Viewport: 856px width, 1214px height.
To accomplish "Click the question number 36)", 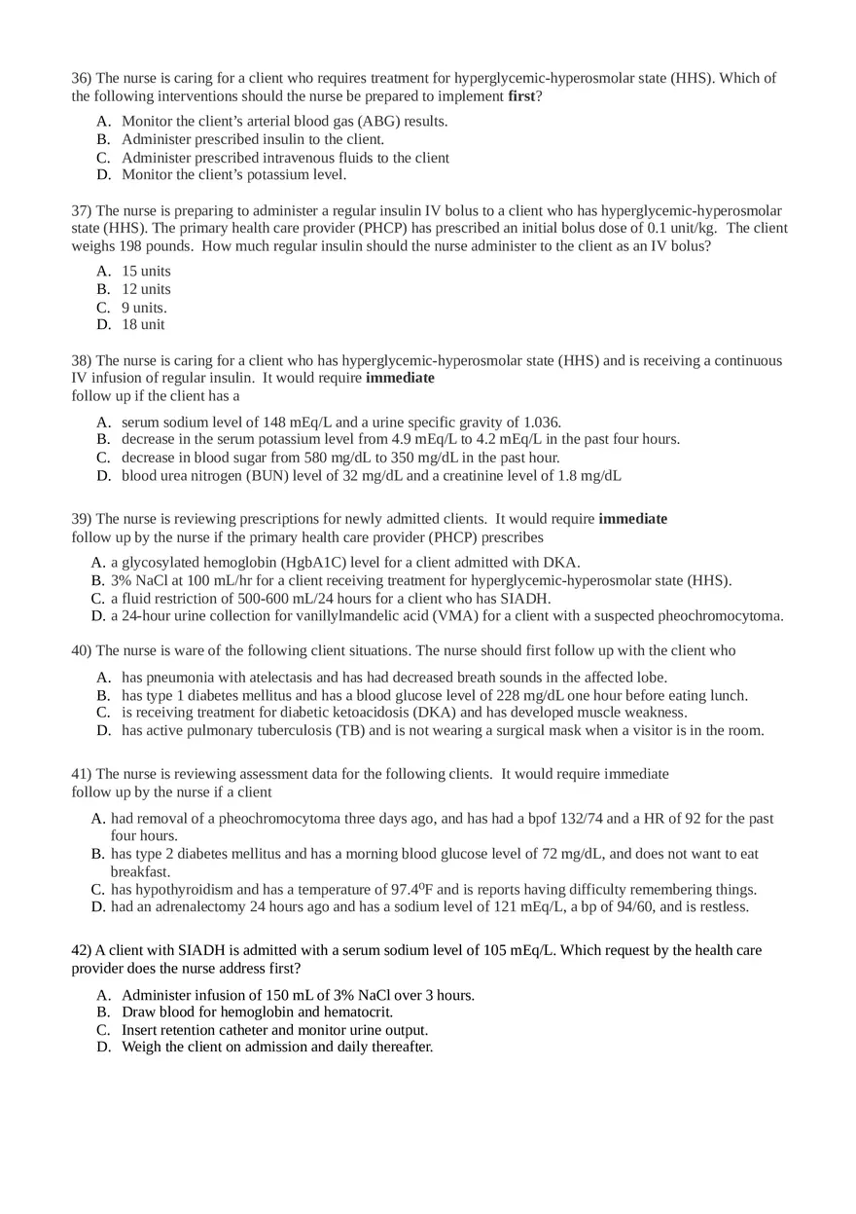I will pos(81,78).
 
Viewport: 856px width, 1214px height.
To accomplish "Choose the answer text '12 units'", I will pos(146,289).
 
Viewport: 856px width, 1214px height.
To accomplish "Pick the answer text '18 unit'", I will pos(143,324).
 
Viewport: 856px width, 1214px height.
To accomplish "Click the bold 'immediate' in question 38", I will pos(400,378).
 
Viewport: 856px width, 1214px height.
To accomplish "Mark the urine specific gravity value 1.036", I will pos(541,423).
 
